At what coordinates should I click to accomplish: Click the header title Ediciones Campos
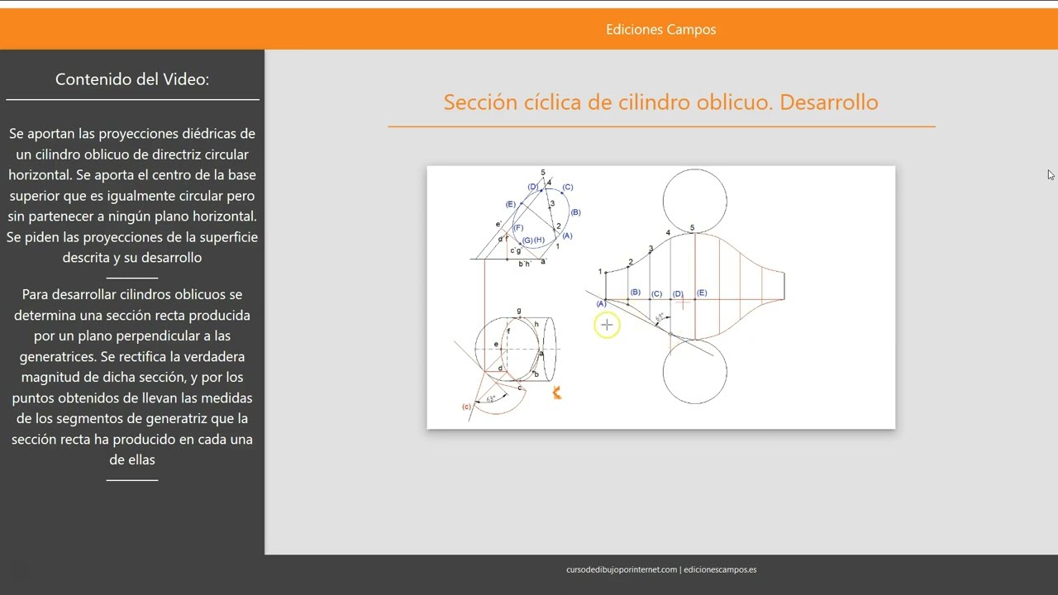point(660,30)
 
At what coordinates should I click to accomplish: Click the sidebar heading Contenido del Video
point(132,79)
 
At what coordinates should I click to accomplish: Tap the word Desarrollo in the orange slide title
point(828,102)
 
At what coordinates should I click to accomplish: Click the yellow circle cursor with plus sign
point(607,326)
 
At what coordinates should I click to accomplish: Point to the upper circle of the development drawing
point(694,200)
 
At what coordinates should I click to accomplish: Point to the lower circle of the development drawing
point(694,372)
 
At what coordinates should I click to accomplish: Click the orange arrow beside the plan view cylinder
point(557,393)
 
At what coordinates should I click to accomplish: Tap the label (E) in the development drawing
point(702,293)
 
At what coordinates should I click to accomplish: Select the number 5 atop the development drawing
point(693,228)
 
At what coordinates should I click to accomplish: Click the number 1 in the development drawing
point(600,272)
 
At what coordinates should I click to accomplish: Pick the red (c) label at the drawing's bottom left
point(467,407)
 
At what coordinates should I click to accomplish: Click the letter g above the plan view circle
point(519,312)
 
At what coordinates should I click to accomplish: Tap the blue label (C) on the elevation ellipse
point(567,187)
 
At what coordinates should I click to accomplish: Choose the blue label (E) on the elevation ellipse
point(510,204)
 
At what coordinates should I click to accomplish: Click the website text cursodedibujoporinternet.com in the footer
point(622,569)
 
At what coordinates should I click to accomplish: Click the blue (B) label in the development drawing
point(635,293)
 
